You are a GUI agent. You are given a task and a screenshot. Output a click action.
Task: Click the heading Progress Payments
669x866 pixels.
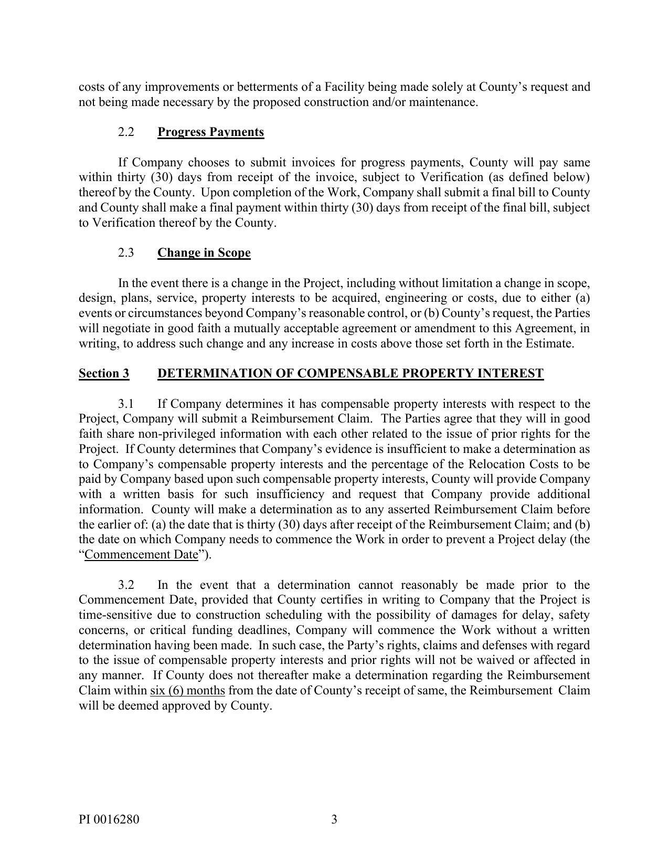pos(210,132)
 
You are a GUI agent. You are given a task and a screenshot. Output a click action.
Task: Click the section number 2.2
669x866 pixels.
pos(126,132)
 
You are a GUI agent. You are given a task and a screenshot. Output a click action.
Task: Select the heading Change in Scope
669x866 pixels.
pos(204,252)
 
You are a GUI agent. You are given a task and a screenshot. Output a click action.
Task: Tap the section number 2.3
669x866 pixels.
pos(126,252)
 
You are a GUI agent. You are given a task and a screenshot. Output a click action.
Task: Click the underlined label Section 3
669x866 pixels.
pos(104,373)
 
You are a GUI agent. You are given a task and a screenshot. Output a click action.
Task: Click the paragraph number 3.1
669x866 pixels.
pos(126,404)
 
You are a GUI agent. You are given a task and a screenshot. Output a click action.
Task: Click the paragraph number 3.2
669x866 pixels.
pos(126,585)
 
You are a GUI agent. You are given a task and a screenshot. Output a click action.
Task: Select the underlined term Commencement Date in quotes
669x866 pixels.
pos(141,555)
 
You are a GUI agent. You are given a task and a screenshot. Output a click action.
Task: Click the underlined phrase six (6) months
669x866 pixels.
pos(187,690)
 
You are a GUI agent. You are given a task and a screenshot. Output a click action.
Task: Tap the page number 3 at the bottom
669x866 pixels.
pos(334,819)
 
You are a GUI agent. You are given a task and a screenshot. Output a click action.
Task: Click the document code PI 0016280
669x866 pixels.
pos(109,819)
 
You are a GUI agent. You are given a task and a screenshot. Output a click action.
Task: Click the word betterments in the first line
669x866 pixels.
pos(269,87)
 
